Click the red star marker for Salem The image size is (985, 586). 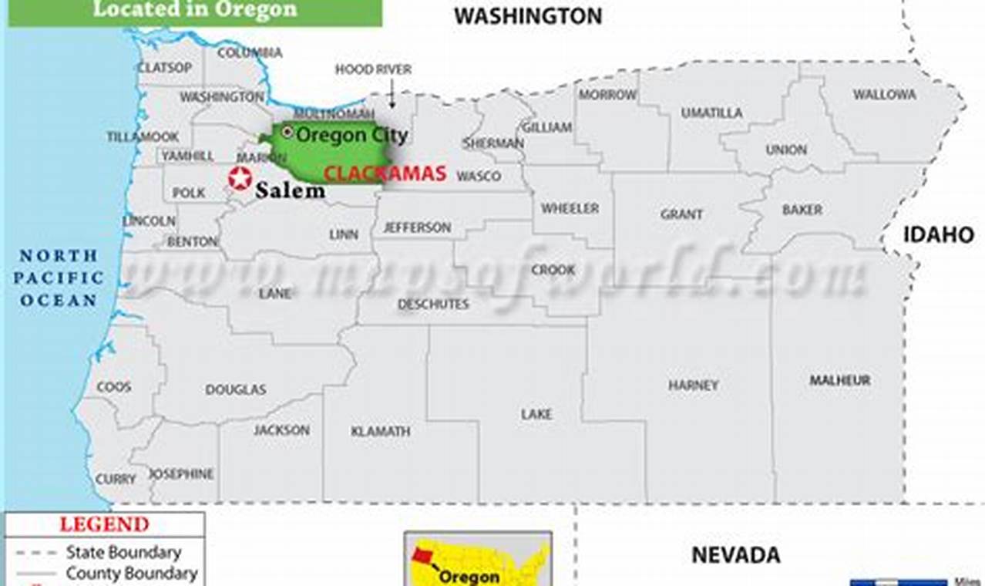point(240,178)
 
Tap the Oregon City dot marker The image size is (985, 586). point(287,133)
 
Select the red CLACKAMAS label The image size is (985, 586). point(385,173)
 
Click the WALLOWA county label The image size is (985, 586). point(884,95)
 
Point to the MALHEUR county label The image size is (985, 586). point(839,380)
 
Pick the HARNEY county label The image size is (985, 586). point(693,385)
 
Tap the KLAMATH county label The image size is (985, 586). point(381,432)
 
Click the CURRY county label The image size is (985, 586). point(116,480)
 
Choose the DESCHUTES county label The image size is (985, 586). point(433,305)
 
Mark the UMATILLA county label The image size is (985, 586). point(711,113)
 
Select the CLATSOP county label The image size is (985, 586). point(164,68)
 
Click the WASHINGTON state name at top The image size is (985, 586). point(527,16)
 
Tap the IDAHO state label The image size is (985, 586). point(938,235)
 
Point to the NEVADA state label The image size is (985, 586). point(735,554)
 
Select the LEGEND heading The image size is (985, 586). point(104,525)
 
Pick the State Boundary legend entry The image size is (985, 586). point(123,552)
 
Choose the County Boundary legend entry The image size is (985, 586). point(131,574)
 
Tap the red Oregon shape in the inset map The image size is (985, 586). point(423,555)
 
